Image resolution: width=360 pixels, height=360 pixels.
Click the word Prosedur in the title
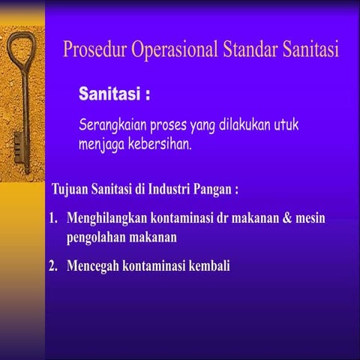95,51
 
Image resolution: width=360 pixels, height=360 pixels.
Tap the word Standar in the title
252,51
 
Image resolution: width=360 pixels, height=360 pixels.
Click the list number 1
52,220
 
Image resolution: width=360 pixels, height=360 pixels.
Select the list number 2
52,265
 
